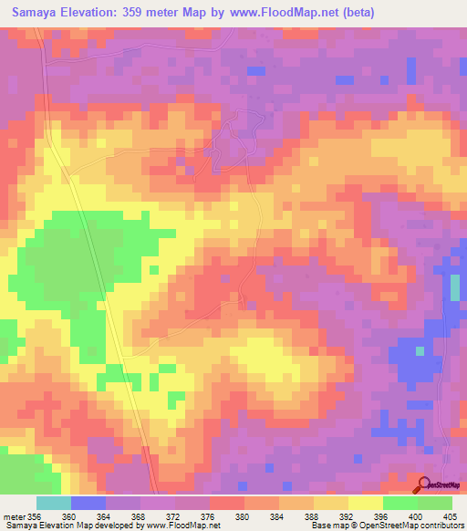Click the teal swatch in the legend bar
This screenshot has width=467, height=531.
point(54,503)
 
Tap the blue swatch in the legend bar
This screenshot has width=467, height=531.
point(88,503)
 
